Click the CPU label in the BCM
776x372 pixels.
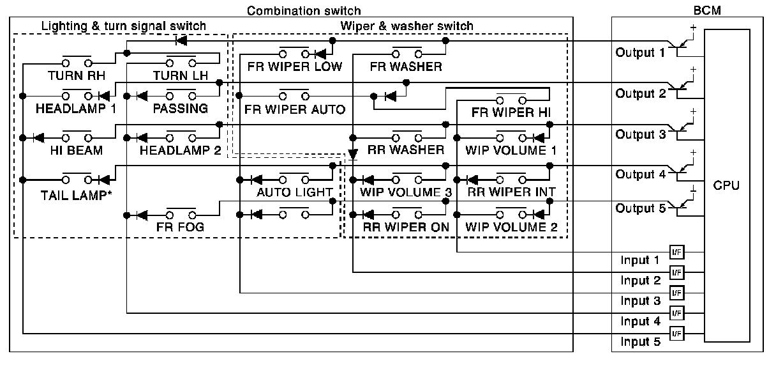point(727,186)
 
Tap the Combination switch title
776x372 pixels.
point(304,10)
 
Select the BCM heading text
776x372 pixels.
point(705,10)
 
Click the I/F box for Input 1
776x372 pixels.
point(676,252)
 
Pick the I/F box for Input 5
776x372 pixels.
point(676,332)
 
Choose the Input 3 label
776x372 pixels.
point(640,301)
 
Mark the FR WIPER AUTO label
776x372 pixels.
point(294,109)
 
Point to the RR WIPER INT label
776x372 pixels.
point(511,191)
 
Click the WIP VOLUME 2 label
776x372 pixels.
point(511,227)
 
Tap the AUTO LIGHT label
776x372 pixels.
point(294,192)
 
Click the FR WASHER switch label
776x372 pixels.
point(405,66)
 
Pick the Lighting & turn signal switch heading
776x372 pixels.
point(124,26)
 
